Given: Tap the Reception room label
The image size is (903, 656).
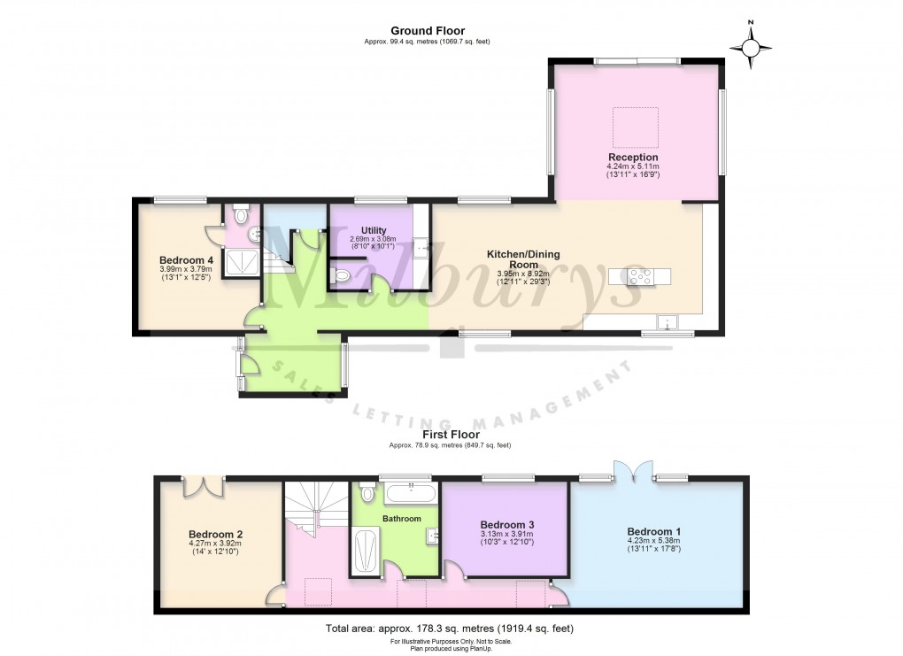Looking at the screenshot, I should click(633, 157).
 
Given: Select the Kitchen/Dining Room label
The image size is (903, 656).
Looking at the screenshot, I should click(523, 259).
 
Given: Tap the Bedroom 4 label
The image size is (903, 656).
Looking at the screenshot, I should click(186, 259).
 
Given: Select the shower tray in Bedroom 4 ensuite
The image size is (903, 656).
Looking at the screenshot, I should click(237, 262).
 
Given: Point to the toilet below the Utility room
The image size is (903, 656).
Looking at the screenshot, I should click(342, 277).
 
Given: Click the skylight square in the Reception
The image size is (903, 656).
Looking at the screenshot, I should click(636, 127).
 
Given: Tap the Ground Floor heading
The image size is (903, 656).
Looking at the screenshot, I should click(428, 31).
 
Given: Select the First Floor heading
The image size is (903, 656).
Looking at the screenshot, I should click(451, 435).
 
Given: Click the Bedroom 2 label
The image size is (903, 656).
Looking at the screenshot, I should click(215, 535).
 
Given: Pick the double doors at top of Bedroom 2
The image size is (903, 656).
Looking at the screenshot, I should click(203, 484).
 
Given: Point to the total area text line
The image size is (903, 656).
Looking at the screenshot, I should click(451, 629).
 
